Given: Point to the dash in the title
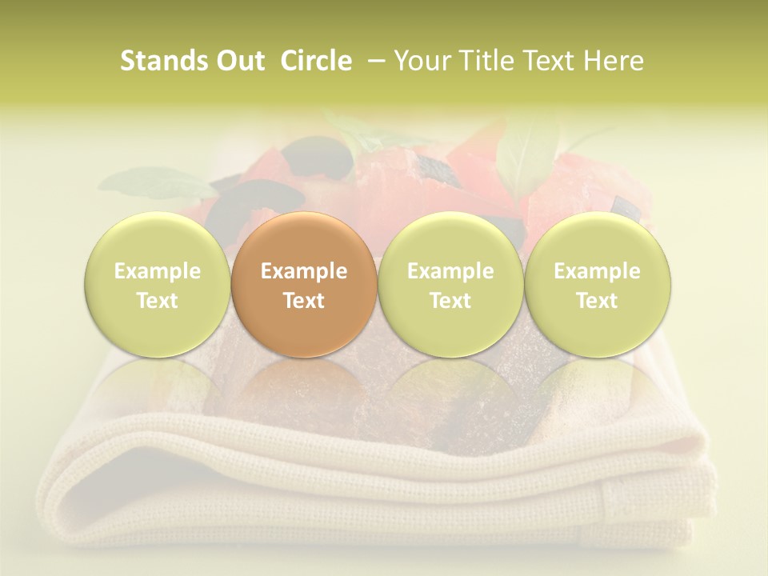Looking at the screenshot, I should (373, 61).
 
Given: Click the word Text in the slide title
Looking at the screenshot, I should (551, 61).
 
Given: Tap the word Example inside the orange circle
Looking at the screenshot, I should (304, 271).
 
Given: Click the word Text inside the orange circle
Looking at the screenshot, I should (304, 301).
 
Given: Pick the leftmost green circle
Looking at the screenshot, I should (157, 285).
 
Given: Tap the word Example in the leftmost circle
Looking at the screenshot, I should (157, 271).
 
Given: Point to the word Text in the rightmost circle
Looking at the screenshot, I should (597, 301).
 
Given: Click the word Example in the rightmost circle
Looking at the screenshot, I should (597, 271).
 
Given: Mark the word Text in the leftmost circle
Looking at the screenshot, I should (157, 301).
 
